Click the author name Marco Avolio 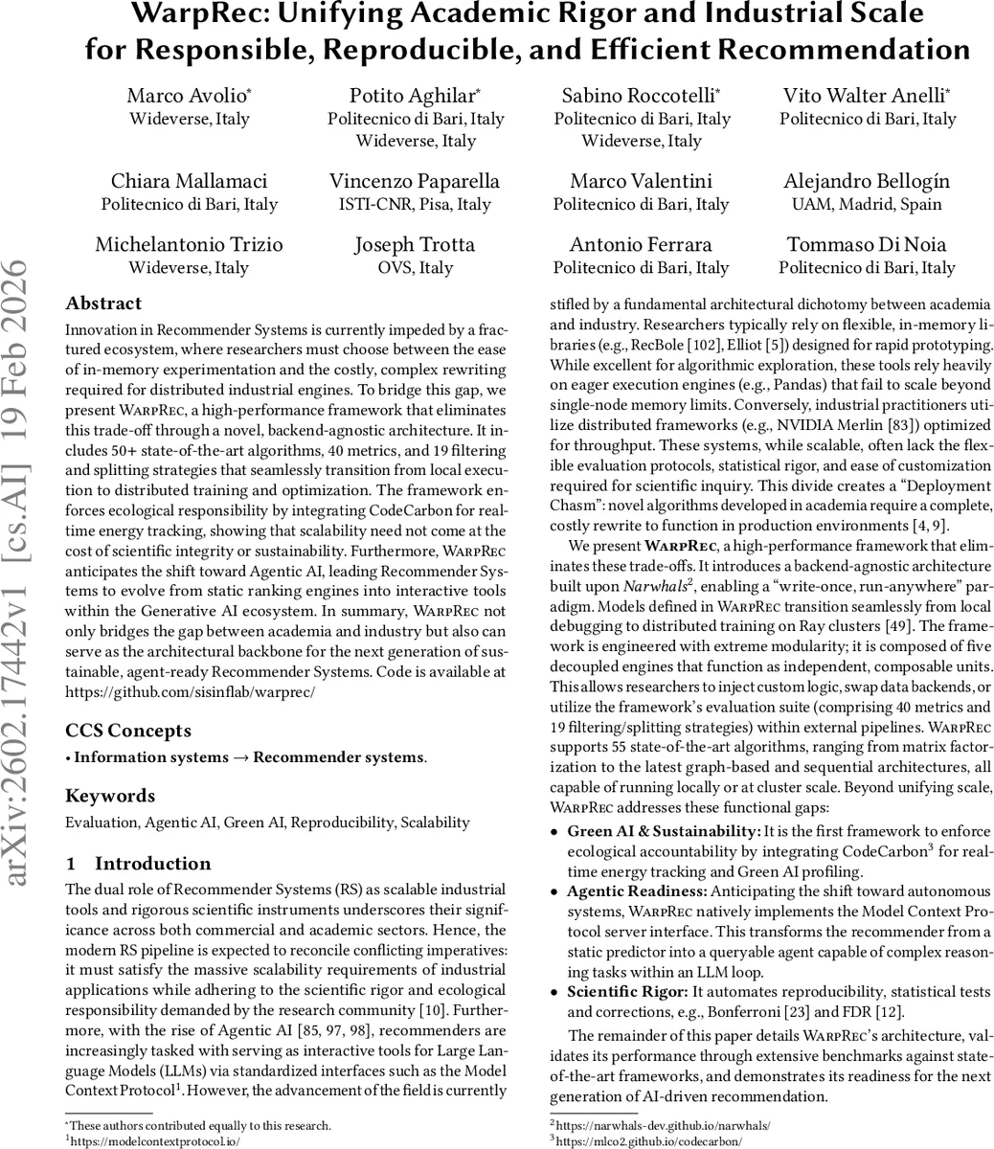tap(189, 95)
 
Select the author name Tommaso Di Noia tap(867, 244)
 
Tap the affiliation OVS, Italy tap(415, 268)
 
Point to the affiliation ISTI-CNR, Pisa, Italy tap(415, 204)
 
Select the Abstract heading tap(103, 304)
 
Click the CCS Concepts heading tap(128, 731)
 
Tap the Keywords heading tap(109, 796)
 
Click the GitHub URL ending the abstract tap(190, 690)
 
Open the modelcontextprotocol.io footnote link tap(154, 1141)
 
